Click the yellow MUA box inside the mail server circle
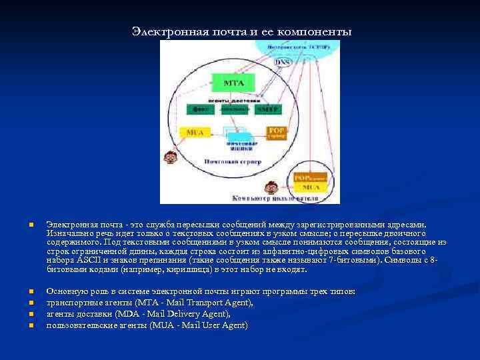195,132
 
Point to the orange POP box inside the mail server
276,133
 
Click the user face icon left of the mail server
171,157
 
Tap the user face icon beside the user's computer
271,187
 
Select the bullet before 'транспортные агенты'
31,303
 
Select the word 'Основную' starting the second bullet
65,291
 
